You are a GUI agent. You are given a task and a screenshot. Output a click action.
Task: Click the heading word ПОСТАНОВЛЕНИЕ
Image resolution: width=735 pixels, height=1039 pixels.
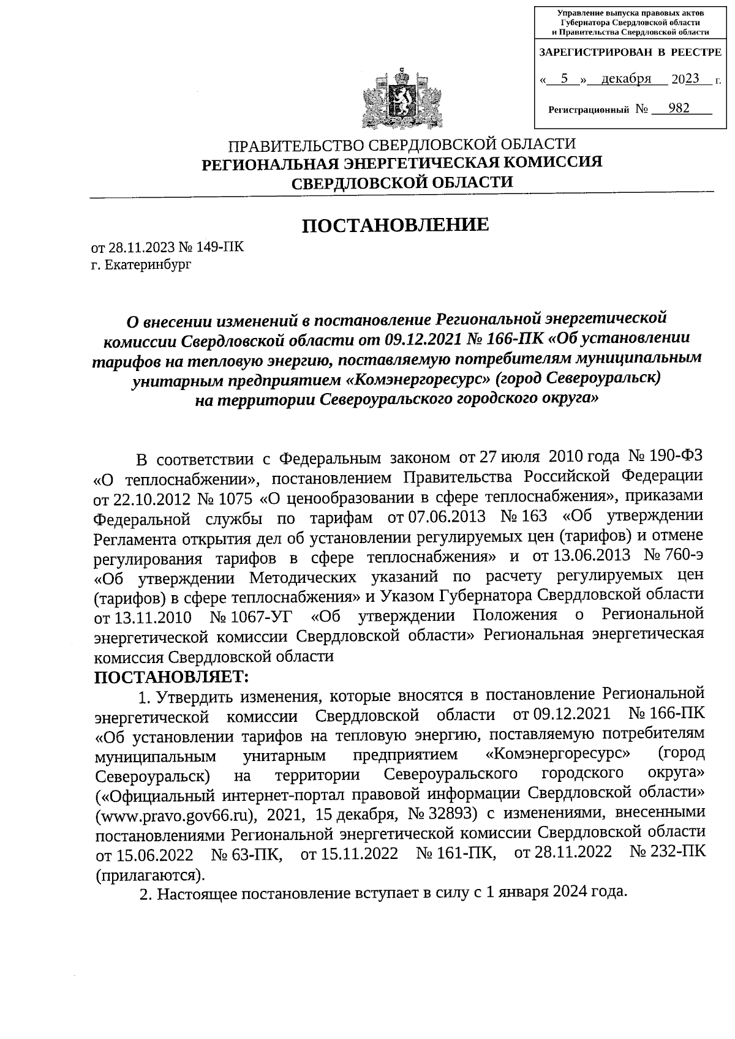[x=396, y=225]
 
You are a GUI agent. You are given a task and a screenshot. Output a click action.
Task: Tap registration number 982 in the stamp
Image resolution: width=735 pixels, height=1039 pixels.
[x=679, y=108]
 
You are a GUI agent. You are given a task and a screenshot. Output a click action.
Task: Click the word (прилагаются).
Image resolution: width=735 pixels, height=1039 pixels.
[x=148, y=873]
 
